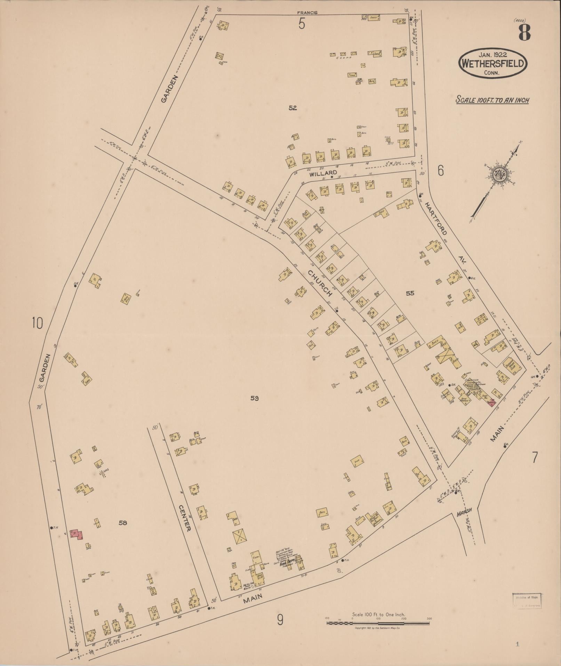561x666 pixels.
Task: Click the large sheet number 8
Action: pos(524,33)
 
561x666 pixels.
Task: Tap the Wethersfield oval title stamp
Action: pos(493,63)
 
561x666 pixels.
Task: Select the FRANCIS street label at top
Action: pos(307,13)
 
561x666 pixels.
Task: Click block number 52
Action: pos(292,108)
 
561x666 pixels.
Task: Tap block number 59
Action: pos(255,398)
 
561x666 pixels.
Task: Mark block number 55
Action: pos(410,293)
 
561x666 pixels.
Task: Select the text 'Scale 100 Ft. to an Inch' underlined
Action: pos(492,100)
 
